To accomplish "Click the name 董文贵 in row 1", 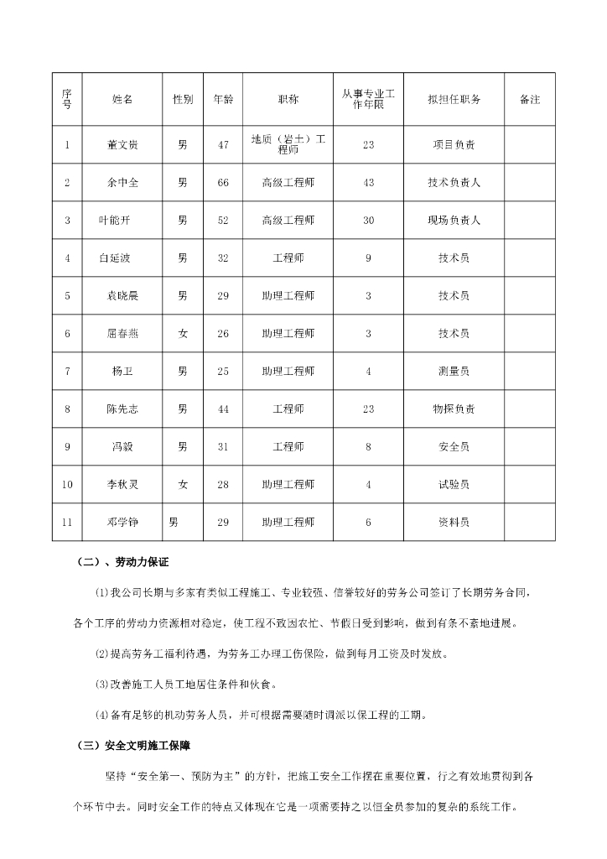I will click(x=122, y=144).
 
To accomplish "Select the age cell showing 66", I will click(x=223, y=182).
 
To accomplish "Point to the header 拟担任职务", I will click(x=454, y=99).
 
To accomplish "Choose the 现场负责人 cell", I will click(x=454, y=220).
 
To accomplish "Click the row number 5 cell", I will click(x=67, y=295).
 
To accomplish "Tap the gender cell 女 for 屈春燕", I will click(x=183, y=333).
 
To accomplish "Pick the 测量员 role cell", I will click(x=454, y=371).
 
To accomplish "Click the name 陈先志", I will click(x=122, y=409).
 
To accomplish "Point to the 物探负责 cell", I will click(x=454, y=409).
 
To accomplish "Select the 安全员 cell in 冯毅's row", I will click(x=454, y=446).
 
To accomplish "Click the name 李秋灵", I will click(x=122, y=484).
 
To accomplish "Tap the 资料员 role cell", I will click(x=454, y=522).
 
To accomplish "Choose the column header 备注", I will click(x=530, y=99).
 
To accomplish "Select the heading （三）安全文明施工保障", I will click(x=138, y=744).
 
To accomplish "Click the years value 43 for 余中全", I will click(x=369, y=182).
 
